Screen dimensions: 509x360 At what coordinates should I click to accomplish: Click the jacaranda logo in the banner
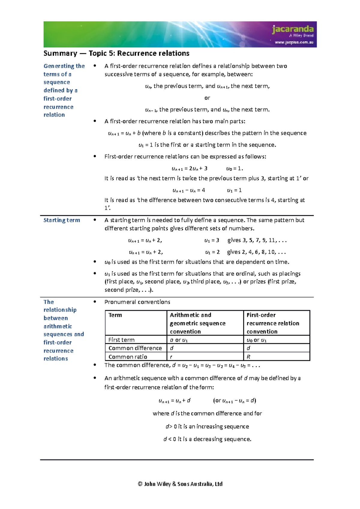click(292, 29)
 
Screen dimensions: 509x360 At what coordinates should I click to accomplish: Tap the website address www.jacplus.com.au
click(294, 42)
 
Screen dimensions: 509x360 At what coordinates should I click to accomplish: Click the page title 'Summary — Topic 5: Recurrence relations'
click(116, 53)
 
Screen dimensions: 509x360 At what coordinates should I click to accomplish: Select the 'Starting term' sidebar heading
click(62, 220)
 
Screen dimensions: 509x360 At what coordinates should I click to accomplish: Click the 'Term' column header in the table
click(115, 315)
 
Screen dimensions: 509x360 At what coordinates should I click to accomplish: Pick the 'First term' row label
click(121, 340)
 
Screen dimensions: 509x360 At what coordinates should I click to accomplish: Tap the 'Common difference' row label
click(135, 348)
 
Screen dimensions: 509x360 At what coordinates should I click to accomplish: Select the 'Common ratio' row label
click(128, 357)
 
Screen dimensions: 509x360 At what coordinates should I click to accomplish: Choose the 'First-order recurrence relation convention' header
click(273, 323)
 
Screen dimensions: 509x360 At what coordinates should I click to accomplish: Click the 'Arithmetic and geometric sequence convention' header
click(197, 323)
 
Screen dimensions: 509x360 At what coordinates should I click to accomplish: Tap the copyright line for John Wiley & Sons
click(180, 484)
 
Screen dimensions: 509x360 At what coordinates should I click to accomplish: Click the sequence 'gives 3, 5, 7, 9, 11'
click(257, 240)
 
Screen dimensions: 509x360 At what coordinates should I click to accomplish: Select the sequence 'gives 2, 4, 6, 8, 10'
click(256, 252)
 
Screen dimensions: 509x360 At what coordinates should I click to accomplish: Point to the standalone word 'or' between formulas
click(207, 98)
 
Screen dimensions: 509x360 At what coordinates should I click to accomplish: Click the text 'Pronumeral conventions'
click(137, 302)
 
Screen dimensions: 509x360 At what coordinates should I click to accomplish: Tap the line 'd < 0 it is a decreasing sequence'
click(207, 439)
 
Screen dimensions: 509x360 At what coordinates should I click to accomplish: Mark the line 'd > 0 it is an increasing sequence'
click(207, 426)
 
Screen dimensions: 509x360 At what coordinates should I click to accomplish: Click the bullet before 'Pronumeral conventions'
click(95, 302)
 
